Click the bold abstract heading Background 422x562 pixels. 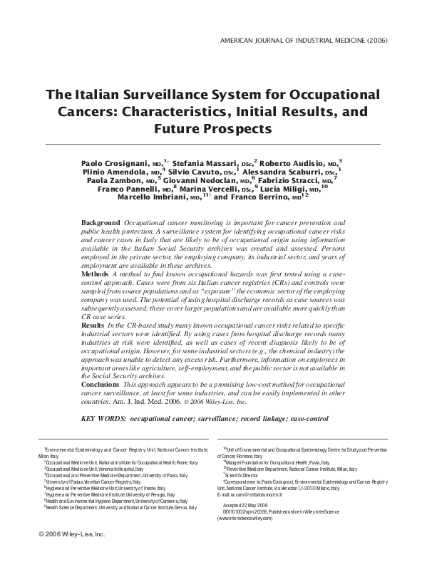[101, 224]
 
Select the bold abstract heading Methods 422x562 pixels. [96, 274]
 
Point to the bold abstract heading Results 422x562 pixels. [94, 324]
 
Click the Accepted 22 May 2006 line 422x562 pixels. [241, 504]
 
